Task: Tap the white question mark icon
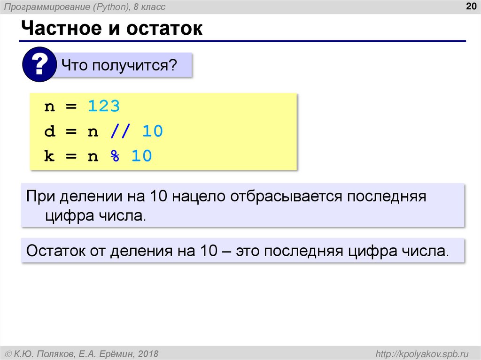tap(39, 65)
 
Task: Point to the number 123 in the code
tap(104, 107)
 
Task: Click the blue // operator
tap(119, 131)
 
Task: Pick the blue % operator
tap(115, 156)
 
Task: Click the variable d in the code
tap(49, 131)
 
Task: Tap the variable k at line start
tap(49, 156)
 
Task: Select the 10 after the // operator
tap(152, 131)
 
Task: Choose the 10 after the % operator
tap(141, 156)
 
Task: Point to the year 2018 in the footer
tap(148, 353)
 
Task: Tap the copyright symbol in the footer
tap(8, 353)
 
